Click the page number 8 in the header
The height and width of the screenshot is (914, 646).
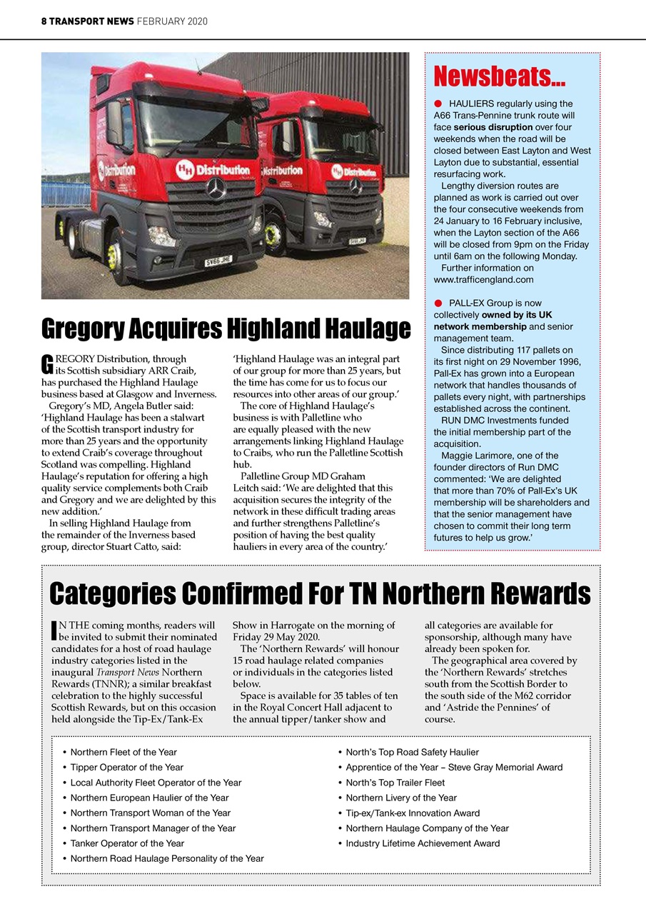click(44, 21)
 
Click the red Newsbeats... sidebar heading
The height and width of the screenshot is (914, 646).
click(499, 76)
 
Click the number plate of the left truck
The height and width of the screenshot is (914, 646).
click(218, 262)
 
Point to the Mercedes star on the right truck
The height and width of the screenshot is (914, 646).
click(355, 186)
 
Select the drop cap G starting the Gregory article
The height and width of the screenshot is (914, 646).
click(46, 363)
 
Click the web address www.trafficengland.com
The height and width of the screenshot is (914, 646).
click(483, 279)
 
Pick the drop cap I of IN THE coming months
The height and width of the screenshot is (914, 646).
click(54, 630)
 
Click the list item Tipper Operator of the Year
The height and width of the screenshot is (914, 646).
click(126, 768)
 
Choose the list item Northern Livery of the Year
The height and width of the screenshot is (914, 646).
click(400, 798)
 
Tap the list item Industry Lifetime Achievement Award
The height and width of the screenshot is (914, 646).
click(423, 843)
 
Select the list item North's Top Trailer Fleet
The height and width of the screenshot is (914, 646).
click(395, 783)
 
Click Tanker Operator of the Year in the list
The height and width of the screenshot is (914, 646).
click(127, 843)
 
